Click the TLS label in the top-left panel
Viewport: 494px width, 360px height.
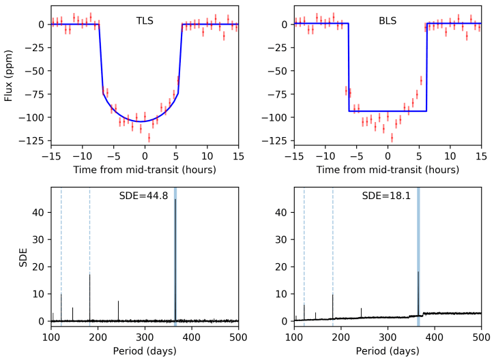tap(145, 20)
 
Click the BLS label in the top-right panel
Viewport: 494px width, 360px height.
tap(388, 20)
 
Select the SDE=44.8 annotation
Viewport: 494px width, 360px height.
tap(145, 197)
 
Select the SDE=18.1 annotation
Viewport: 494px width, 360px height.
tap(387, 197)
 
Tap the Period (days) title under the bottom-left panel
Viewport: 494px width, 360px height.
tap(145, 350)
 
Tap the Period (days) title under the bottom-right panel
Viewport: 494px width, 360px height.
tap(388, 350)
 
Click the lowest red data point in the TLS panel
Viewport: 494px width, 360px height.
tap(149, 138)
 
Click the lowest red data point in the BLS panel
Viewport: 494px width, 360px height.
tap(392, 138)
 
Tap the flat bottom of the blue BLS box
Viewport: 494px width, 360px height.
tap(388, 111)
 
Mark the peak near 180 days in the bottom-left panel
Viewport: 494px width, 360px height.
tap(89, 275)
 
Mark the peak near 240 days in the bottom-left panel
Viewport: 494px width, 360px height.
tap(118, 301)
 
